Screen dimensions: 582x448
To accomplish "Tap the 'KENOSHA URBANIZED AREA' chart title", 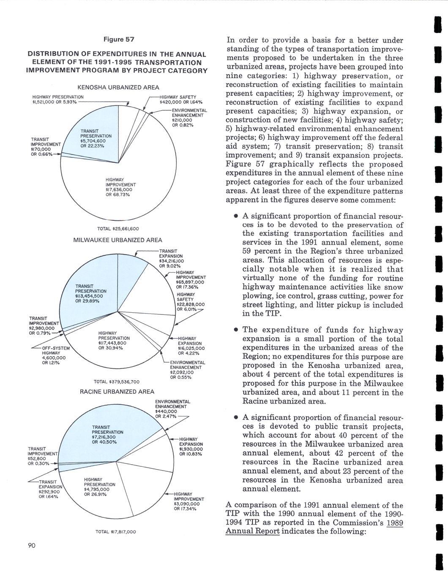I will coord(118,88).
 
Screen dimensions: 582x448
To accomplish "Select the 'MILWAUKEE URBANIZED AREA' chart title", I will coord(117,240).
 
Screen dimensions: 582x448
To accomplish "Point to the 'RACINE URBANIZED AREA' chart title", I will coord(117,392).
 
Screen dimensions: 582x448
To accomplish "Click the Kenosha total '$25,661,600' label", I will coord(118,229).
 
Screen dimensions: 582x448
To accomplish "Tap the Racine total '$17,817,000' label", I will coord(117,532).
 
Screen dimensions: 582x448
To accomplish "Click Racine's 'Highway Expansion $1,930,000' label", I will coord(191,447).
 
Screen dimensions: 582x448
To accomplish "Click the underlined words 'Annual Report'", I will coord(252,531).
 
